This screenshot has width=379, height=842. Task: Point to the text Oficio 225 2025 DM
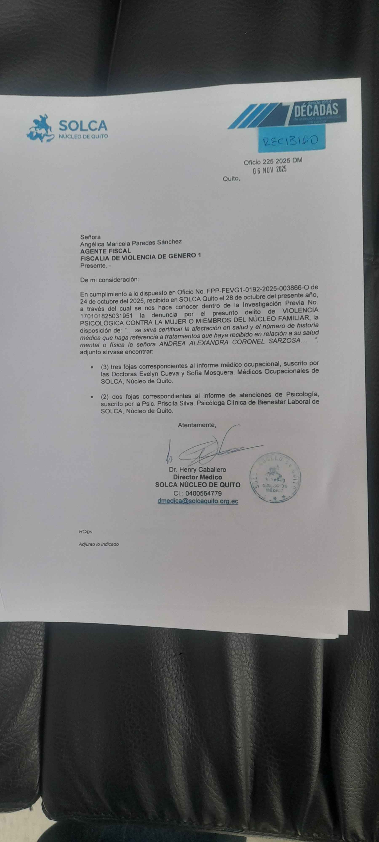point(272,161)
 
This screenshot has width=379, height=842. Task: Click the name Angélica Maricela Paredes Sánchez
point(131,242)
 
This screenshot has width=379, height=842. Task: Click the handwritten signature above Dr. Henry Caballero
point(209,449)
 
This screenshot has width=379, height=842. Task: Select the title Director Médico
point(198,477)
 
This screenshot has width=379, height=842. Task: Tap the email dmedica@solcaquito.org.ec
point(198,501)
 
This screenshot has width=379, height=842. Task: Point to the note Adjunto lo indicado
point(99,544)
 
